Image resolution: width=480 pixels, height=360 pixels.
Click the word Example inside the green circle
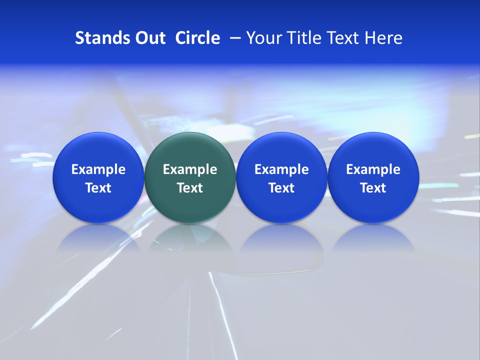coord(190,169)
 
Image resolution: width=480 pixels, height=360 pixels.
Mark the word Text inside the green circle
coord(190,188)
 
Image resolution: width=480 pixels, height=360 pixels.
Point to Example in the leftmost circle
coord(98,169)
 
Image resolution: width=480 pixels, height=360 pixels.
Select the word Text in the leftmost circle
coord(98,188)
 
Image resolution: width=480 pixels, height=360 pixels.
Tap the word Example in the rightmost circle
coord(373,169)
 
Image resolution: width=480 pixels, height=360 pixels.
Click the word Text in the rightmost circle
coord(373,188)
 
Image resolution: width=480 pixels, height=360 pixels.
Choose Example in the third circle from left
coord(281,169)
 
